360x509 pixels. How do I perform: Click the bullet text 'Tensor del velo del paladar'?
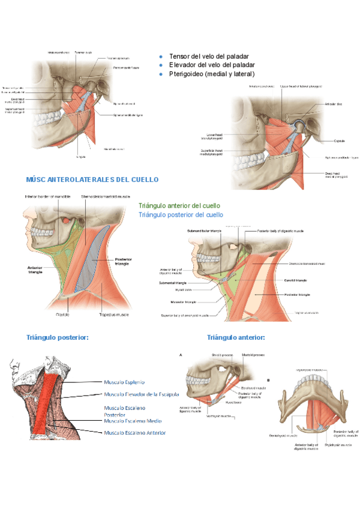(x=208, y=56)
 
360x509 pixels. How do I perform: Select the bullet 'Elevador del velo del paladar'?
(x=212, y=64)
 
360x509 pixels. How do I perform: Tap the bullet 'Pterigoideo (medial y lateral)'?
(x=212, y=74)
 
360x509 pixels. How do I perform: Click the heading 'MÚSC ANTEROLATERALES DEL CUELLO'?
(x=92, y=179)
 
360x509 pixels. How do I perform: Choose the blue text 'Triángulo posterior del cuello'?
(x=181, y=214)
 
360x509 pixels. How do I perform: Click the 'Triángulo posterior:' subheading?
(x=58, y=338)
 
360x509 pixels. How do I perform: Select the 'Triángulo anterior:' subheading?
(x=235, y=338)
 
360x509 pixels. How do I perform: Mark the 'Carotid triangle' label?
(x=295, y=280)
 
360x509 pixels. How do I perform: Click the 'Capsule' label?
(x=343, y=141)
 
